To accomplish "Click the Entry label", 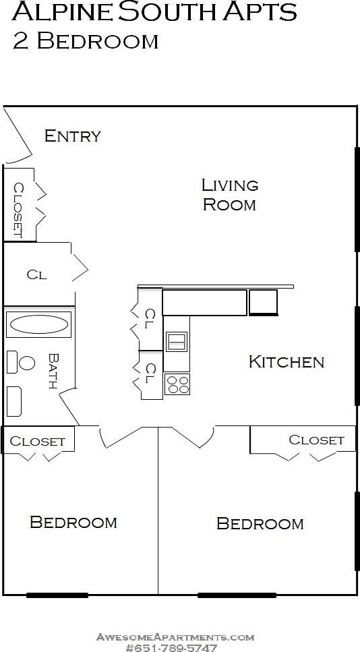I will pyautogui.click(x=72, y=136).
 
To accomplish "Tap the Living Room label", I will pyautogui.click(x=230, y=194).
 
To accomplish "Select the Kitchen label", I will pyautogui.click(x=287, y=361).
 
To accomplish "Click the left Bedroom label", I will pyautogui.click(x=73, y=522).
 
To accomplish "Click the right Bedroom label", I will pyautogui.click(x=260, y=523).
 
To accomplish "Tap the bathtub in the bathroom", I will pyautogui.click(x=38, y=325).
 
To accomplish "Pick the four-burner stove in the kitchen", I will pyautogui.click(x=177, y=384).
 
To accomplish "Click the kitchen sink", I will pyautogui.click(x=177, y=342).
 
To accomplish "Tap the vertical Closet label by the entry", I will pyautogui.click(x=18, y=210).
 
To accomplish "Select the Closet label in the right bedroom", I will pyautogui.click(x=316, y=440).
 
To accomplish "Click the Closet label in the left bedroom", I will pyautogui.click(x=38, y=442).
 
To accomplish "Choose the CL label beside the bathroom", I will pyautogui.click(x=36, y=274).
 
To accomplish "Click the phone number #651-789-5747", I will pyautogui.click(x=175, y=647).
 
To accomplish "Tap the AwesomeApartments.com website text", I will pyautogui.click(x=175, y=636).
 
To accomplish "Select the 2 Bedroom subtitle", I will pyautogui.click(x=86, y=40).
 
